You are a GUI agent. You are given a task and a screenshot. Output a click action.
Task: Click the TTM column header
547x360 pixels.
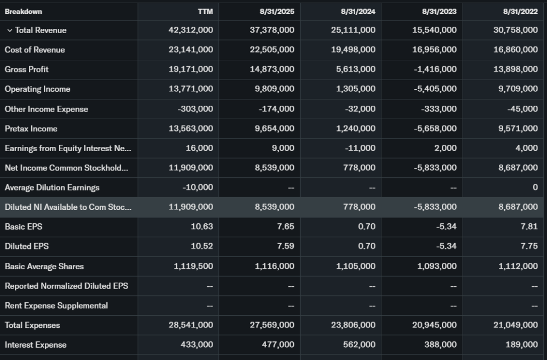pyautogui.click(x=206, y=11)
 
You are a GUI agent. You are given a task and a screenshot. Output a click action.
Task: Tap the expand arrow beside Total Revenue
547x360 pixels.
pyautogui.click(x=9, y=30)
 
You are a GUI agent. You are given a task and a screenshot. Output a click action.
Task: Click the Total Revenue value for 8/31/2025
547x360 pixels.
pyautogui.click(x=272, y=30)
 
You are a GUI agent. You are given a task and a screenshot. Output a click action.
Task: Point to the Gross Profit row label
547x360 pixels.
pyautogui.click(x=27, y=69)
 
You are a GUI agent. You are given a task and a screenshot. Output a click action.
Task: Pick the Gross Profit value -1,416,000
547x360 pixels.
pyautogui.click(x=435, y=69)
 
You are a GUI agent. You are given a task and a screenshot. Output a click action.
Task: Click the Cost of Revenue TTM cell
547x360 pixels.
pyautogui.click(x=191, y=50)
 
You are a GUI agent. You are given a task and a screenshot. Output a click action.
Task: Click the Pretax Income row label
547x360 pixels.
pyautogui.click(x=31, y=129)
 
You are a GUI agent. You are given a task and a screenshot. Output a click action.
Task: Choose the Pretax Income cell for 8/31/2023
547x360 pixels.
pyautogui.click(x=435, y=129)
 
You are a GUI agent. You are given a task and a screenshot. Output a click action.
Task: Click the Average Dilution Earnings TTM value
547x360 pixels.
pyautogui.click(x=198, y=187)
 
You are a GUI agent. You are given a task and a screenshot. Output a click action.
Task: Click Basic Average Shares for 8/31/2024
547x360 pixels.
pyautogui.click(x=356, y=266)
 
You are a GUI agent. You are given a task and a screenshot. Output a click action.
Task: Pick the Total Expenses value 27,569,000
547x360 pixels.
pyautogui.click(x=272, y=325)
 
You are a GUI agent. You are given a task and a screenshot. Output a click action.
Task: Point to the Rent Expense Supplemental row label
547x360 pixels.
pyautogui.click(x=56, y=306)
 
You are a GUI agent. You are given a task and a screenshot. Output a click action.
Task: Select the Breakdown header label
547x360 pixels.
pyautogui.click(x=24, y=11)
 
